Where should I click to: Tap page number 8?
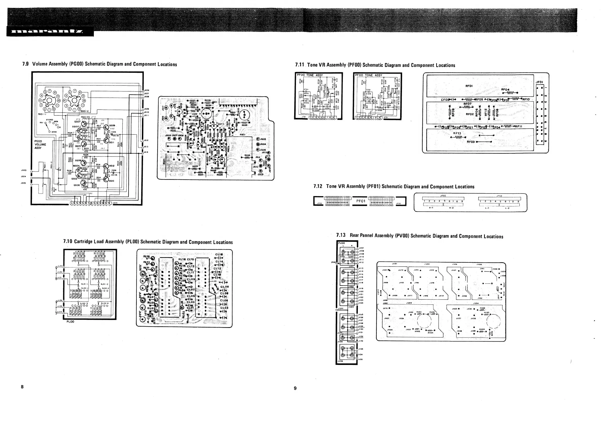22,387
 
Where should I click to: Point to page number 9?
295,388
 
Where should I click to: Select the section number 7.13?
341,235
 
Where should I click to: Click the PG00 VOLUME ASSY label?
40,145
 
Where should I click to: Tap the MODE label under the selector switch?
54,132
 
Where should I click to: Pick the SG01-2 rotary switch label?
84,111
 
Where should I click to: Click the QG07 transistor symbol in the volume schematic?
84,123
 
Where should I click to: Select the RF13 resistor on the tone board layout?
457,133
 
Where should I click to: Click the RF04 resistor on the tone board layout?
505,90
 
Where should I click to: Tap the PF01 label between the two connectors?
361,201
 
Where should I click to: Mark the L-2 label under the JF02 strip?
507,208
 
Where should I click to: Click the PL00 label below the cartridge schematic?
70,322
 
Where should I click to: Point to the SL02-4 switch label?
105,304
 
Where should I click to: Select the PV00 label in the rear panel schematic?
342,243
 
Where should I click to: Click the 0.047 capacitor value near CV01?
351,257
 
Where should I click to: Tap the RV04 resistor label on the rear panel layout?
430,333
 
